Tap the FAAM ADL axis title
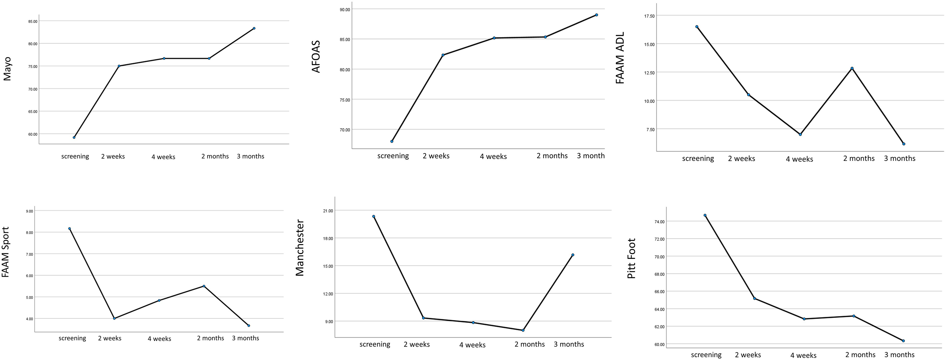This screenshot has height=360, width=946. (620, 58)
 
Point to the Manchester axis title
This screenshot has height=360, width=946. (300, 248)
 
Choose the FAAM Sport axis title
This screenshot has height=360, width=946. (5, 257)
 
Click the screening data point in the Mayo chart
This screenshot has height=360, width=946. (74, 137)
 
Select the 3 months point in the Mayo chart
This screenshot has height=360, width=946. (254, 28)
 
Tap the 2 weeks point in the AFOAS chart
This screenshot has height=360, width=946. (443, 55)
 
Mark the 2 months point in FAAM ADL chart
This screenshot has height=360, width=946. (852, 68)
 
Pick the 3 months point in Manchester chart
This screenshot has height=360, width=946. (573, 255)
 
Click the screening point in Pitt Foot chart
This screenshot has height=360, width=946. (705, 215)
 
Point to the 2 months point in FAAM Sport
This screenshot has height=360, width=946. (204, 286)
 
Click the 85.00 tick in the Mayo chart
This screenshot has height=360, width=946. (33, 21)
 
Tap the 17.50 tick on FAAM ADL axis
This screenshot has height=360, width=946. (649, 16)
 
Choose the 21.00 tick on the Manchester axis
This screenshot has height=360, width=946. (328, 211)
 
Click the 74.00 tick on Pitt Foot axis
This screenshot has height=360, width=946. (660, 222)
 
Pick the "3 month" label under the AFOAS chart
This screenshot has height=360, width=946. (591, 156)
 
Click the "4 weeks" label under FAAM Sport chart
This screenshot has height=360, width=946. (159, 339)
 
